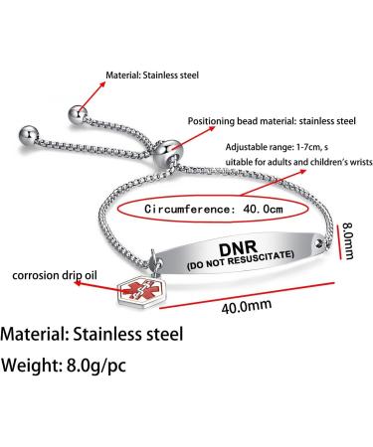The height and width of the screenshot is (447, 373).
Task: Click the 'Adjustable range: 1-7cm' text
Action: pyautogui.click(x=283, y=147)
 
